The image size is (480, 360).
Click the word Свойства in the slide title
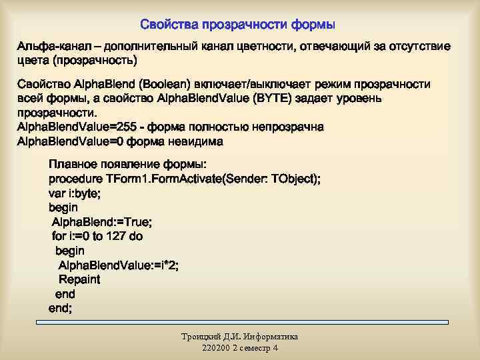[x=166, y=25]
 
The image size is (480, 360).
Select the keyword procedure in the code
[x=75, y=179]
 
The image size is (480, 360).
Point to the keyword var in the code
[x=57, y=193]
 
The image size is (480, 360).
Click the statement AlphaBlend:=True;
[x=102, y=222]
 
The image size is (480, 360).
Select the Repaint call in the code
[x=79, y=279]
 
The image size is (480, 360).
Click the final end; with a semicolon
[x=61, y=308]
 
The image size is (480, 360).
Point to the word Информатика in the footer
[x=270, y=337]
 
